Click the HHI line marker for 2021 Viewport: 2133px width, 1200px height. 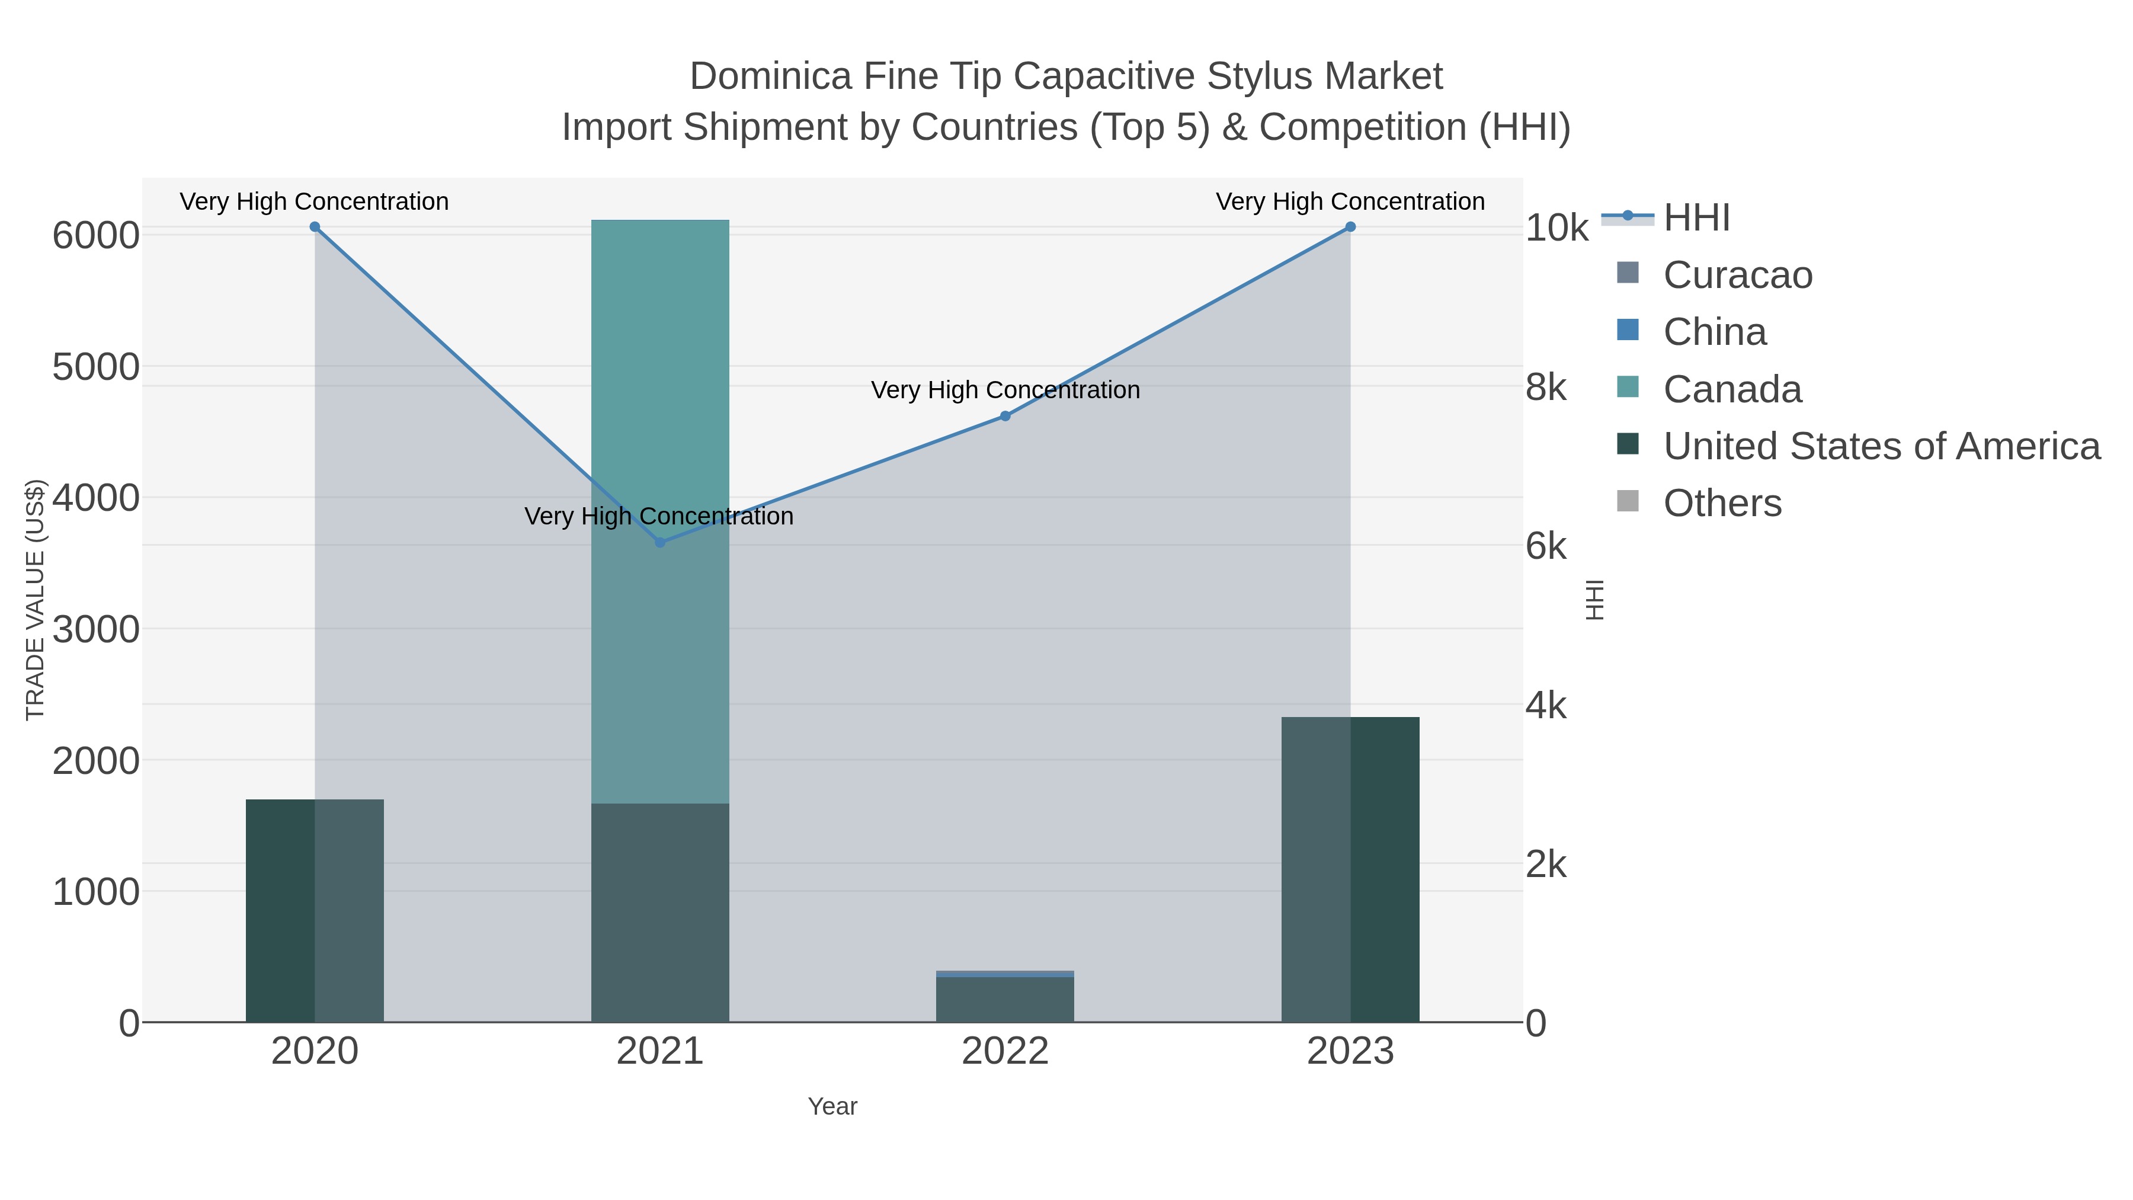pos(660,542)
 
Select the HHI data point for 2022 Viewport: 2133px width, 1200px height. pos(1005,416)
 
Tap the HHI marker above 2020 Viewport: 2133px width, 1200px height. pos(315,227)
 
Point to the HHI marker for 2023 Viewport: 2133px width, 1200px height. pos(1350,227)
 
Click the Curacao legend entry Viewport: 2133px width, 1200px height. pos(1737,275)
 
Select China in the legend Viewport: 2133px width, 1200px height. pos(1714,332)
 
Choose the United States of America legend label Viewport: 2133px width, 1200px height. pos(1881,446)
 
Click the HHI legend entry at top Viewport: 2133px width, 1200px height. pos(1696,218)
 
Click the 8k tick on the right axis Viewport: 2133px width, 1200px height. pos(1546,388)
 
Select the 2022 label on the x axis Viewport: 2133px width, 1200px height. pos(1005,1052)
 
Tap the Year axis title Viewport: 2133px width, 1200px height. pos(832,1106)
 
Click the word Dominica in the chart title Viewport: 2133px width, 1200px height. pos(770,77)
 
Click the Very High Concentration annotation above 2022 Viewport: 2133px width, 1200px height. pos(1005,390)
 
